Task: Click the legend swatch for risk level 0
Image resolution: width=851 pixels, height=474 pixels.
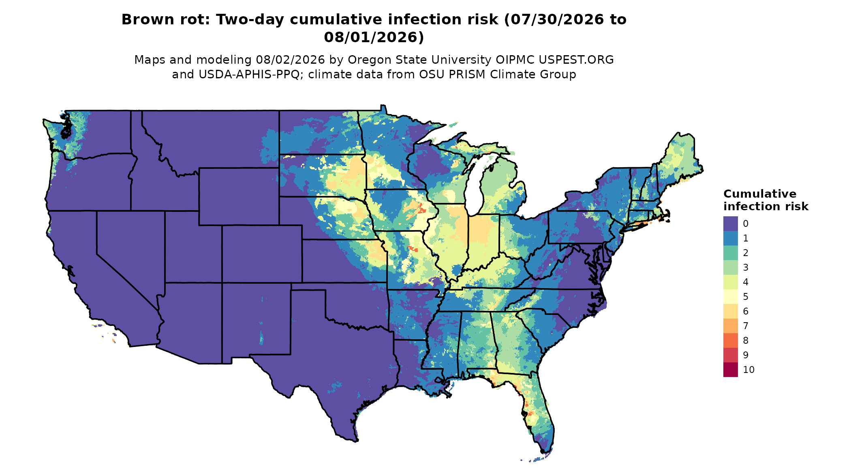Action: pos(730,224)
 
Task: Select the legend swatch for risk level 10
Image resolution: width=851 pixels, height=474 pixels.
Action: pos(730,370)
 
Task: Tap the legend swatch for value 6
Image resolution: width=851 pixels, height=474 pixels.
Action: pos(730,311)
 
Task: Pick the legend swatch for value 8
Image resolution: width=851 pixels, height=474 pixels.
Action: pos(730,340)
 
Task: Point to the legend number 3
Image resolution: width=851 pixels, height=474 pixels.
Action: pos(746,267)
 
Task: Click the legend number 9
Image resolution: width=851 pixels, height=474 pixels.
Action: pos(746,355)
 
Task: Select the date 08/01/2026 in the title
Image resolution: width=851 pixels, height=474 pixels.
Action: pos(374,37)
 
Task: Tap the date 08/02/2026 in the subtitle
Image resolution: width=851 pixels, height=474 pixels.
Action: pos(290,60)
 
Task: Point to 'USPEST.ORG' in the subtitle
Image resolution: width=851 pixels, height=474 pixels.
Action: pos(576,60)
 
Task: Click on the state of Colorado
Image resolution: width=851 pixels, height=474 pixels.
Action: pos(262,254)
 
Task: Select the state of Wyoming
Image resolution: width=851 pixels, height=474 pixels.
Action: pos(239,196)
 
